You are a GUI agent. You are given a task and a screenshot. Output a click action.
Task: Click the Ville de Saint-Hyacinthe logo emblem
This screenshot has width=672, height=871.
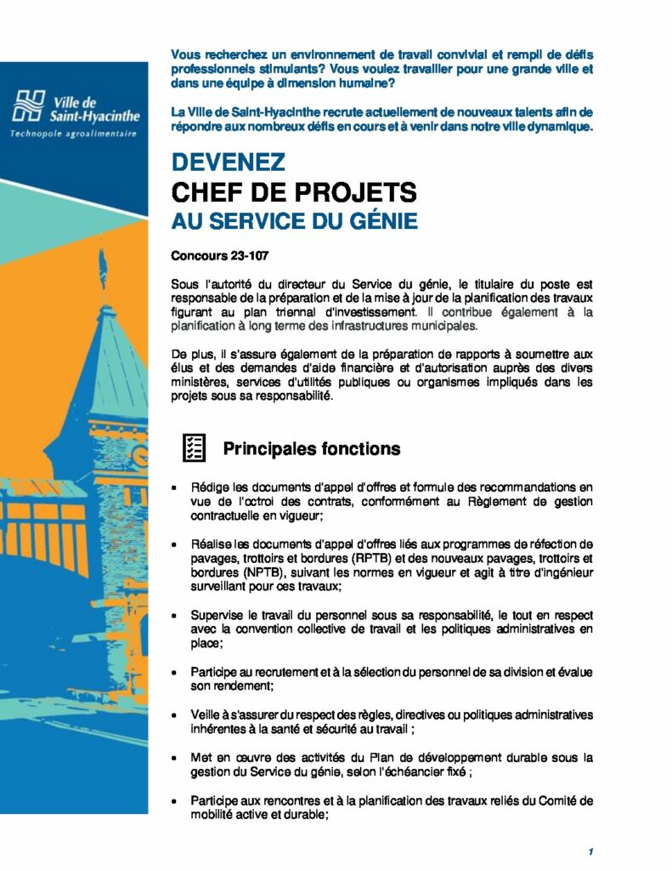tap(29, 104)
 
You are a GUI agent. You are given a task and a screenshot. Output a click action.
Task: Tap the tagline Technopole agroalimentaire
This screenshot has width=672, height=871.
tap(72, 134)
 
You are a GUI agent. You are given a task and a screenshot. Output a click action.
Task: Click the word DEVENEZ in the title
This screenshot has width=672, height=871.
tap(228, 162)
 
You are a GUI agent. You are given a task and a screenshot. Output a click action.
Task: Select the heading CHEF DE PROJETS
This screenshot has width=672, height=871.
tap(294, 192)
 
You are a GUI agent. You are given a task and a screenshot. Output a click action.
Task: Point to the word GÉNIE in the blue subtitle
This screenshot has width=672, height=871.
tap(380, 221)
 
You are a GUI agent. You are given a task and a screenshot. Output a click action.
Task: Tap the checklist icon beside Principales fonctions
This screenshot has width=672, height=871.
tap(194, 448)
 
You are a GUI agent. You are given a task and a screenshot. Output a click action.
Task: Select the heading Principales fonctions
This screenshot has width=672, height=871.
tap(311, 448)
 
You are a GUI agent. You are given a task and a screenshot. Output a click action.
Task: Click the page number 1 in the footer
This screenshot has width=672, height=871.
tap(590, 851)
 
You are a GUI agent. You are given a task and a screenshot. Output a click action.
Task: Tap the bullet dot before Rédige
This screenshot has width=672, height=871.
tap(174, 489)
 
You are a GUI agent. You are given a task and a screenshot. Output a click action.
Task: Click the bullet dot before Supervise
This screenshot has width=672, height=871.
tap(174, 615)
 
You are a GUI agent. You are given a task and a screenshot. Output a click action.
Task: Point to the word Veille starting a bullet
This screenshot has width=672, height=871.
tap(206, 714)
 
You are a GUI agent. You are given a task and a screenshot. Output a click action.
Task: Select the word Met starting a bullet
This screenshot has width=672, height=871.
tap(200, 756)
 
